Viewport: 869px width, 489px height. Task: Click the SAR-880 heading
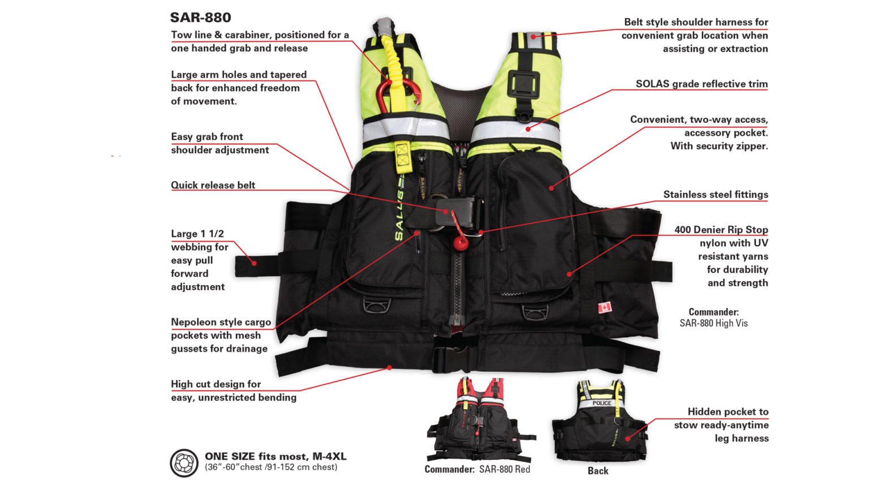pos(201,18)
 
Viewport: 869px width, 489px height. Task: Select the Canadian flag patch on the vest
pos(604,307)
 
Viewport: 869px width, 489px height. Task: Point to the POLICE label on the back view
pos(602,403)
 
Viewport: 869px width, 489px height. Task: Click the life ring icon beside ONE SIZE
pos(184,463)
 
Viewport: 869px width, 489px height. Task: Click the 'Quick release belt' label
pos(213,185)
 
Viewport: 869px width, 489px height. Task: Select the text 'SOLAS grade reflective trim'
pos(702,84)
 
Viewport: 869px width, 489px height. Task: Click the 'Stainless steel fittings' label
pos(715,194)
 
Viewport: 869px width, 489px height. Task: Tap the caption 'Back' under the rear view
pos(597,470)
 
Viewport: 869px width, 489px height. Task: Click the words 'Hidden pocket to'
pos(728,411)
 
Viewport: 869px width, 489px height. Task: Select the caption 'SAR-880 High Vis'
pos(713,323)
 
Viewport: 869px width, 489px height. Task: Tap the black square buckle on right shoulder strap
pos(522,84)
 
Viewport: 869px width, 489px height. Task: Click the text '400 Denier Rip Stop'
pos(721,229)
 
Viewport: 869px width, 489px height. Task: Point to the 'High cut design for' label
pos(216,384)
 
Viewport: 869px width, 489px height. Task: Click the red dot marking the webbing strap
pos(254,263)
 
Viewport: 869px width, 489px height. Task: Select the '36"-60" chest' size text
pos(271,467)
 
